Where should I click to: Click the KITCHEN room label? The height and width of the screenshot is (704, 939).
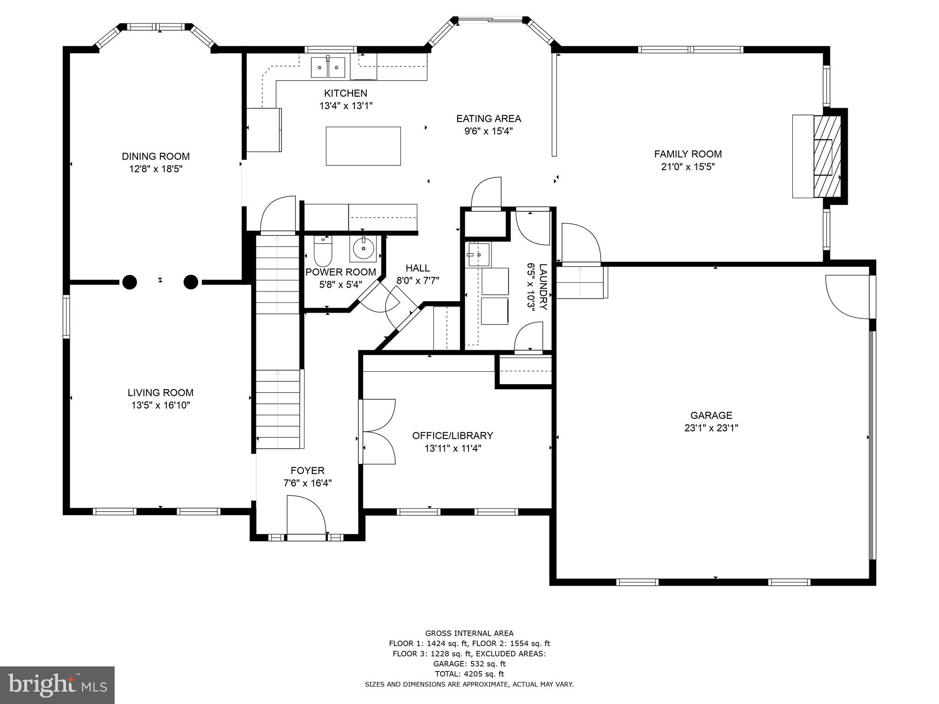pos(346,93)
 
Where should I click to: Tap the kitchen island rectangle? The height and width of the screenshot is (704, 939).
pos(363,146)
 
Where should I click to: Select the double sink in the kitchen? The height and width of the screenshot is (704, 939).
pos(328,67)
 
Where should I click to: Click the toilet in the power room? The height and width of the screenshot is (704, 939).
pos(323,251)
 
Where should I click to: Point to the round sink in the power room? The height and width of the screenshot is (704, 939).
pos(364,249)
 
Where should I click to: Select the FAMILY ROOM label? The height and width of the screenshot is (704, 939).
pos(688,154)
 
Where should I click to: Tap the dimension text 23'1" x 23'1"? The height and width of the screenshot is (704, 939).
pos(711,428)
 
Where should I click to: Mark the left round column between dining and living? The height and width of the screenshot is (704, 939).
pos(130,282)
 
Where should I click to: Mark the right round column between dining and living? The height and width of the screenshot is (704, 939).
pos(191,282)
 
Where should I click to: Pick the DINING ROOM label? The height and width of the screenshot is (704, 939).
pos(155,156)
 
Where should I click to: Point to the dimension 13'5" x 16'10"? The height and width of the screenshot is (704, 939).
pos(160,405)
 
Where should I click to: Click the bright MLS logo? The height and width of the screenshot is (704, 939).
pos(57,685)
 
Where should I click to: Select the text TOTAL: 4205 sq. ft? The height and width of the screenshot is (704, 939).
pos(469,674)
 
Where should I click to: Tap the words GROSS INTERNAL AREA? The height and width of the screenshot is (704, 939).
pos(469,633)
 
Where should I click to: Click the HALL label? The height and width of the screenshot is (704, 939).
pos(418,268)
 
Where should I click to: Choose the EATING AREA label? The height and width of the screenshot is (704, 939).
pos(488,119)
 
